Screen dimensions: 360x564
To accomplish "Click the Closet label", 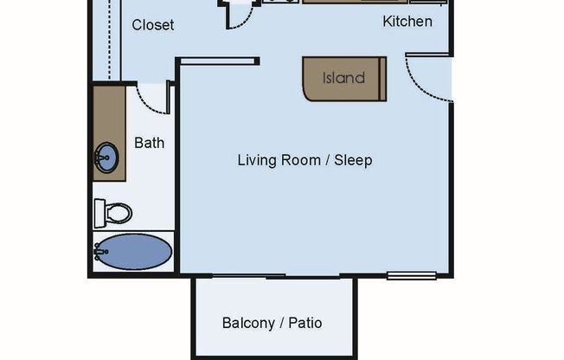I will (x=152, y=25).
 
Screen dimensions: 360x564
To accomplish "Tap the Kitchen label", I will (x=407, y=21).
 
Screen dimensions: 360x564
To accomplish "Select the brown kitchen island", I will (x=343, y=79).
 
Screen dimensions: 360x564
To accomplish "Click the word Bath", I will (x=149, y=143).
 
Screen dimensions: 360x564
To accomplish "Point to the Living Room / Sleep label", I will (x=304, y=160).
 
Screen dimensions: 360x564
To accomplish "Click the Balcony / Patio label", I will (x=272, y=323).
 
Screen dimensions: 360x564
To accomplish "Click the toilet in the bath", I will (x=113, y=212).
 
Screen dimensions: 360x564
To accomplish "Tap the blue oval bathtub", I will (x=133, y=252).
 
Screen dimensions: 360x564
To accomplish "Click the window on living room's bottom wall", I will (x=405, y=276).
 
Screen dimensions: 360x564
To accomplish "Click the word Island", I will (x=343, y=78).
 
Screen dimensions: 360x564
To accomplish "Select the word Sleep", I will (x=355, y=160).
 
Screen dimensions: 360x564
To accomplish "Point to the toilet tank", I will (x=99, y=212).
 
